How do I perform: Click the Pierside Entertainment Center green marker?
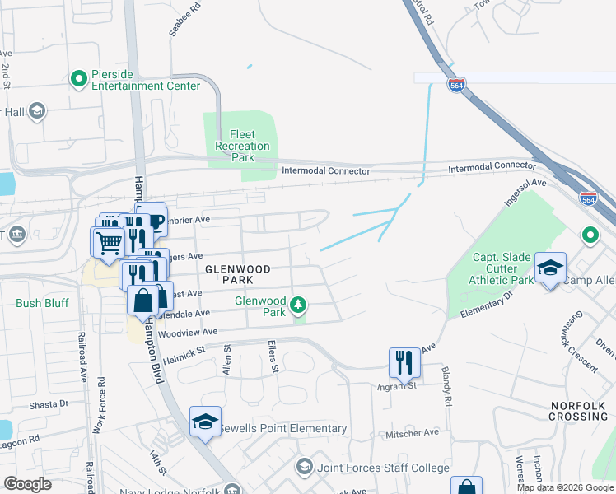[79, 78]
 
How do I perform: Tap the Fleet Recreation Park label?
[242, 146]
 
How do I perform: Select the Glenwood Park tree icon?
[298, 308]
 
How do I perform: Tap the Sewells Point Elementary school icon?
[205, 422]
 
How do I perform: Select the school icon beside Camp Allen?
[550, 268]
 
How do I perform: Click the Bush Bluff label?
[40, 303]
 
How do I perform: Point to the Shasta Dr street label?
[49, 404]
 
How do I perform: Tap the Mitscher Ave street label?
[418, 432]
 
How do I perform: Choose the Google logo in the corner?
[27, 484]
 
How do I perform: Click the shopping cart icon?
[107, 243]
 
